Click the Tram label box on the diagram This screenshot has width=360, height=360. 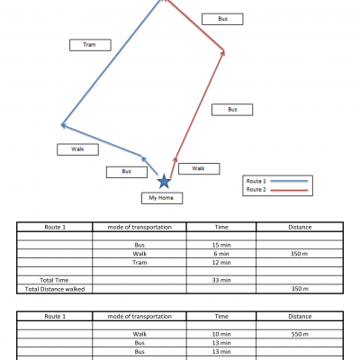[90, 45]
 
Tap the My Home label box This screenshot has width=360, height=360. [162, 198]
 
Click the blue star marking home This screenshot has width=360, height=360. [164, 181]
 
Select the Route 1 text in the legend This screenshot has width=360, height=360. [256, 181]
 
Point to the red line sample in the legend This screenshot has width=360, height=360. [289, 190]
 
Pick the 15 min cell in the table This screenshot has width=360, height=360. [221, 245]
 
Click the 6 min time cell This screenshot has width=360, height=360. [221, 254]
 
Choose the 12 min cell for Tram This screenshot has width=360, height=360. [221, 263]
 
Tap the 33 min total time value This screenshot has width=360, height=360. [221, 280]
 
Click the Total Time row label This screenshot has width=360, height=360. [54, 280]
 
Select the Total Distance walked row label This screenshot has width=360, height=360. [55, 289]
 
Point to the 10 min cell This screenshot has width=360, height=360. [221, 334]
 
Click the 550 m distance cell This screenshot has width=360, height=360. [300, 334]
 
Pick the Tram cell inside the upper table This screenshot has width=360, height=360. [139, 263]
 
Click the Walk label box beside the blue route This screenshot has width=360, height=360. [77, 149]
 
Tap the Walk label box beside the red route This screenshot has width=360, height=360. [199, 168]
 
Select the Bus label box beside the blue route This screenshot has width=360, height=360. [127, 172]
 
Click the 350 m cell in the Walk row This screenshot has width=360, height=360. [299, 254]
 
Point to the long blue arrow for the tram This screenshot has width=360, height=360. [112, 62]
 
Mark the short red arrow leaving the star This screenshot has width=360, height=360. [173, 167]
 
